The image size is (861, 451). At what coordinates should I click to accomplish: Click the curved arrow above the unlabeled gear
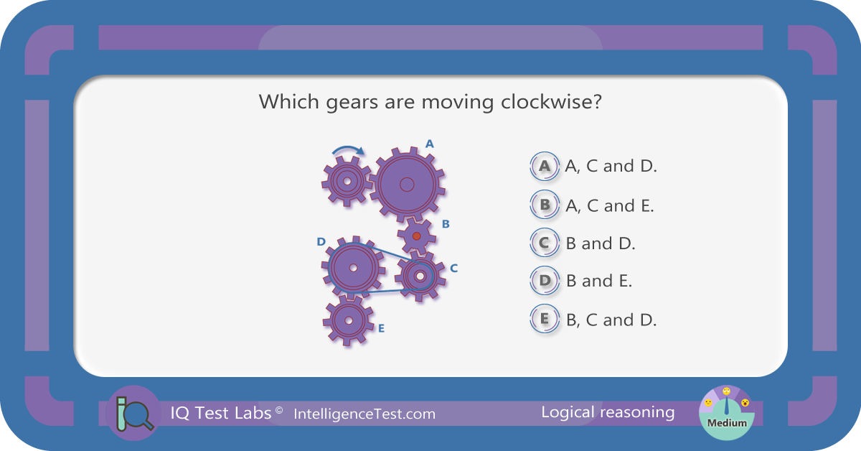[347, 148]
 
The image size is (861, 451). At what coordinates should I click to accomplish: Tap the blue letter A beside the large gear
[429, 144]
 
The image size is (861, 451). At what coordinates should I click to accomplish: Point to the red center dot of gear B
[416, 236]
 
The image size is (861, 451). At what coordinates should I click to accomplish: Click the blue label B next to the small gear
[446, 224]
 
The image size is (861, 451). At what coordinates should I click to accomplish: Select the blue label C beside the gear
[453, 268]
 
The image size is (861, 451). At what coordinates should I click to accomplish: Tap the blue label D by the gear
[321, 242]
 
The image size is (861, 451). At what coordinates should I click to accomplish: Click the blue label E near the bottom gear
[381, 328]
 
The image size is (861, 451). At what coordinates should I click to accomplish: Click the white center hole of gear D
[353, 268]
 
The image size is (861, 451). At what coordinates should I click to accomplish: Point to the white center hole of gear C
[420, 276]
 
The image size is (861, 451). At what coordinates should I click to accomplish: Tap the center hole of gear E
[349, 320]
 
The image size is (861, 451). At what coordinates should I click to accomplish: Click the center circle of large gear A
[407, 185]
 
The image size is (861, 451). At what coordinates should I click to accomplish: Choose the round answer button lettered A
[545, 166]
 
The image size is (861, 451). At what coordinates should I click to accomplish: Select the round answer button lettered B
[545, 205]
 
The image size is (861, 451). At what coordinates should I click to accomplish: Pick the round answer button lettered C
[545, 243]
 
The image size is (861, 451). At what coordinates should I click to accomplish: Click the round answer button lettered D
[545, 281]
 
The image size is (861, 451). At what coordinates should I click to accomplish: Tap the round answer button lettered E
[545, 319]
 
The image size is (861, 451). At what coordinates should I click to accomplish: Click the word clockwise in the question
[551, 101]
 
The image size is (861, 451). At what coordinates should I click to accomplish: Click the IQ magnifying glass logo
[133, 413]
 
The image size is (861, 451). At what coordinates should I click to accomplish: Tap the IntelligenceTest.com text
[364, 414]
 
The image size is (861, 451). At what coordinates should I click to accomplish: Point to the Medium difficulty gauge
[726, 412]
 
